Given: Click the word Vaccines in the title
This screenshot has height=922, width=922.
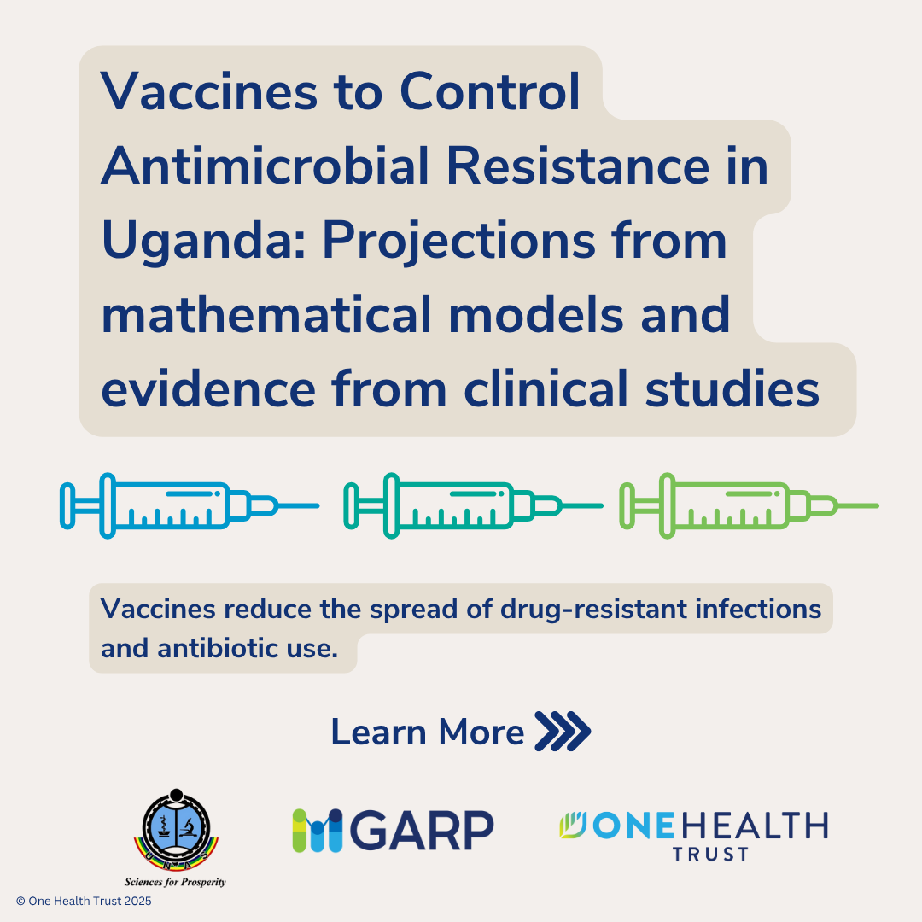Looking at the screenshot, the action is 209,91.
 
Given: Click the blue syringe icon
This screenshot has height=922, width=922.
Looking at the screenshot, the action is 190,505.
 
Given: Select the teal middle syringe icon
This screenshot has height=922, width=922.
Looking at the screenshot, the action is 473,505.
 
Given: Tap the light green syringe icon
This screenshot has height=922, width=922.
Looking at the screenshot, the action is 750,505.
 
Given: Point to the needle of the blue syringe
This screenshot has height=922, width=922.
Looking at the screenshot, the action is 298,505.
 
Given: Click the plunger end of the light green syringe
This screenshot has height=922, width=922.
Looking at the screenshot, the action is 627,505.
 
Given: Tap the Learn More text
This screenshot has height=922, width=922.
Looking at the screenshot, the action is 428,732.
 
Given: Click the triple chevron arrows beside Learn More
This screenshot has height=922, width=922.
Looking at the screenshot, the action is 563,731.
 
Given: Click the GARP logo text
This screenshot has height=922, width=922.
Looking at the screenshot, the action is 422,831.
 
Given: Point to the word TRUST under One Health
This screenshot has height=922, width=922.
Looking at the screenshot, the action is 710,854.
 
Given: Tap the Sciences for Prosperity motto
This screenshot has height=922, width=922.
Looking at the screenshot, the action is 175,882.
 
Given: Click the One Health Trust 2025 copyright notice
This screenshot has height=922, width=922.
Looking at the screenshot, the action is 84,901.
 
